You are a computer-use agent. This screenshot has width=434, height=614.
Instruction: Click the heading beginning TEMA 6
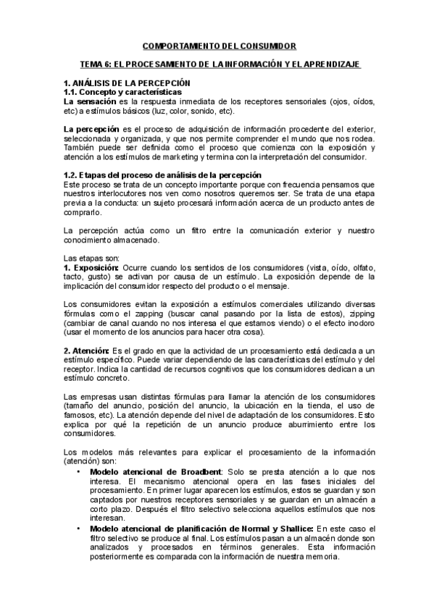click(219, 65)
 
